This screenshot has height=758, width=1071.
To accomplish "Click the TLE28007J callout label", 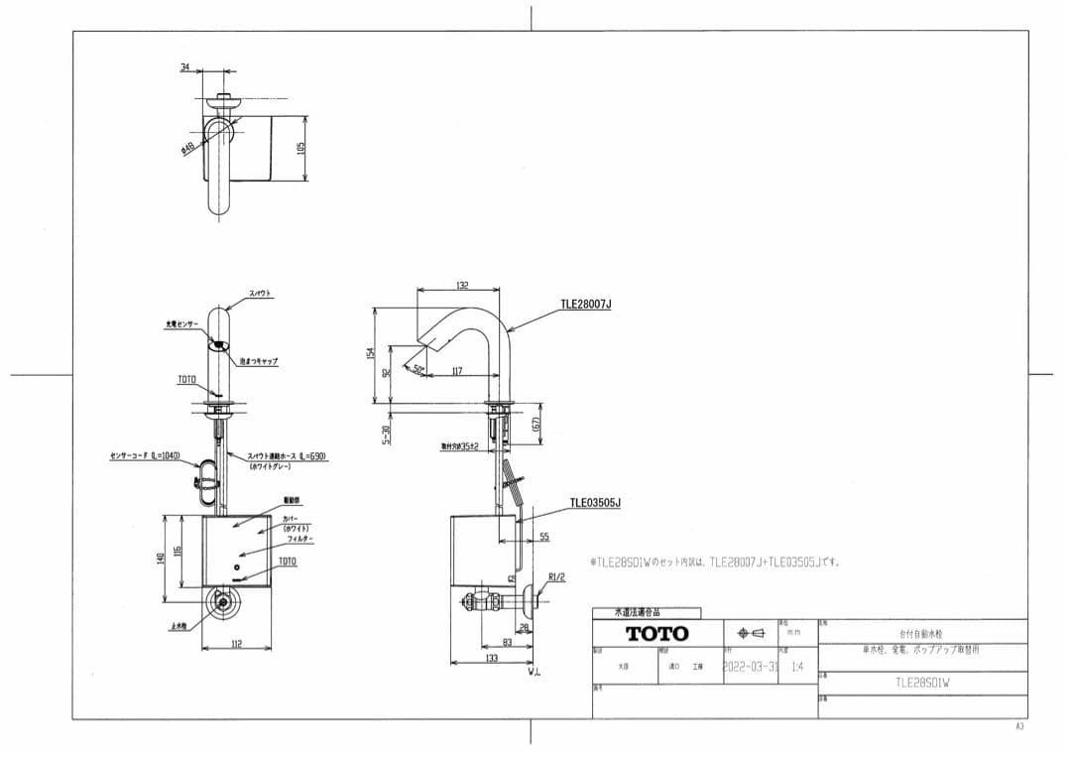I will click(x=586, y=305).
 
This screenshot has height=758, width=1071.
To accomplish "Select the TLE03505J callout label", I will click(x=595, y=503).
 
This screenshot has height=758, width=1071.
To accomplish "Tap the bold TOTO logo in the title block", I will click(x=656, y=633).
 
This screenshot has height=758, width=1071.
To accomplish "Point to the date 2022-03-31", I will click(x=750, y=667).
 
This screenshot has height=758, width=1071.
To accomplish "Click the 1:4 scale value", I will click(x=797, y=667).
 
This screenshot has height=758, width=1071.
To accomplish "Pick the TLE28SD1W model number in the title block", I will click(x=922, y=683).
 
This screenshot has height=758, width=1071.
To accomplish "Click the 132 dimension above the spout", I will click(x=462, y=285).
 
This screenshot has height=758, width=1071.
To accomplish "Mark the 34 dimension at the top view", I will click(x=184, y=67).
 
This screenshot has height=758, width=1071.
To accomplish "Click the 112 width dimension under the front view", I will click(x=236, y=645).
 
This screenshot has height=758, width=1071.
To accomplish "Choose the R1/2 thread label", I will click(x=556, y=576).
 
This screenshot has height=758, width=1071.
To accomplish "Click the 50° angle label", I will click(x=418, y=369).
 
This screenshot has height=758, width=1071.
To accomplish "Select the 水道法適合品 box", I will click(x=646, y=613).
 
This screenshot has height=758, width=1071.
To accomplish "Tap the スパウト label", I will click(x=260, y=294).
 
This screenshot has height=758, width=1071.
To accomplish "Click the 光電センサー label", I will click(x=181, y=324).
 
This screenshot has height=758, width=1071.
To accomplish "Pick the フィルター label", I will click(x=300, y=539).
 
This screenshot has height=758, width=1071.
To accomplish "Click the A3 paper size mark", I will click(x=1018, y=727).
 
